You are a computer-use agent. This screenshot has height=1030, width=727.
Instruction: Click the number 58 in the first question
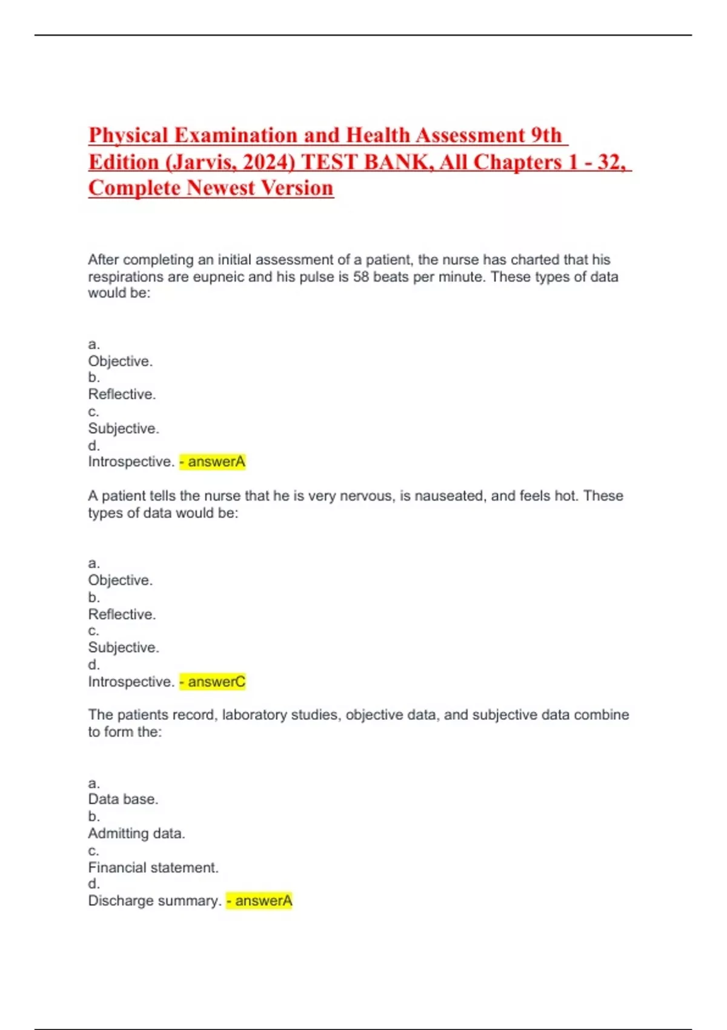(361, 277)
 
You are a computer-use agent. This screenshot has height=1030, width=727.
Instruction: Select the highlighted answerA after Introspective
(213, 462)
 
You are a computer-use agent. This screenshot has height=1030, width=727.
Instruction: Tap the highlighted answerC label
(213, 682)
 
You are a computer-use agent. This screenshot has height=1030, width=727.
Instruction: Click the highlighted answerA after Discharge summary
(259, 901)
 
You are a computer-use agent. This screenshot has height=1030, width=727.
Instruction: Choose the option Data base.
(123, 799)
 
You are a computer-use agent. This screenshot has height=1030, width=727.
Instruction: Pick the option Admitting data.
(136, 834)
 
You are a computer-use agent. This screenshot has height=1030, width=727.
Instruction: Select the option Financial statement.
(153, 868)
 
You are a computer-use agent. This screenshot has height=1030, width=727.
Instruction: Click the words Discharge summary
(154, 901)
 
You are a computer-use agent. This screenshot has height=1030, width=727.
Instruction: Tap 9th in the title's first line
(546, 135)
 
